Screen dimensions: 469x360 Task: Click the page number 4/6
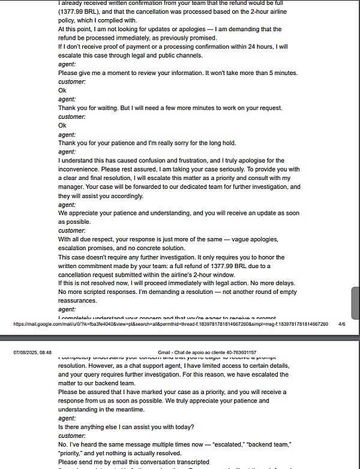342,324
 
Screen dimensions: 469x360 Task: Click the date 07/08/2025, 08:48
32,353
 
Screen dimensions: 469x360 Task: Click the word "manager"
72,187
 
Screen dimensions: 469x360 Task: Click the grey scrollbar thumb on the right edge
355,303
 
